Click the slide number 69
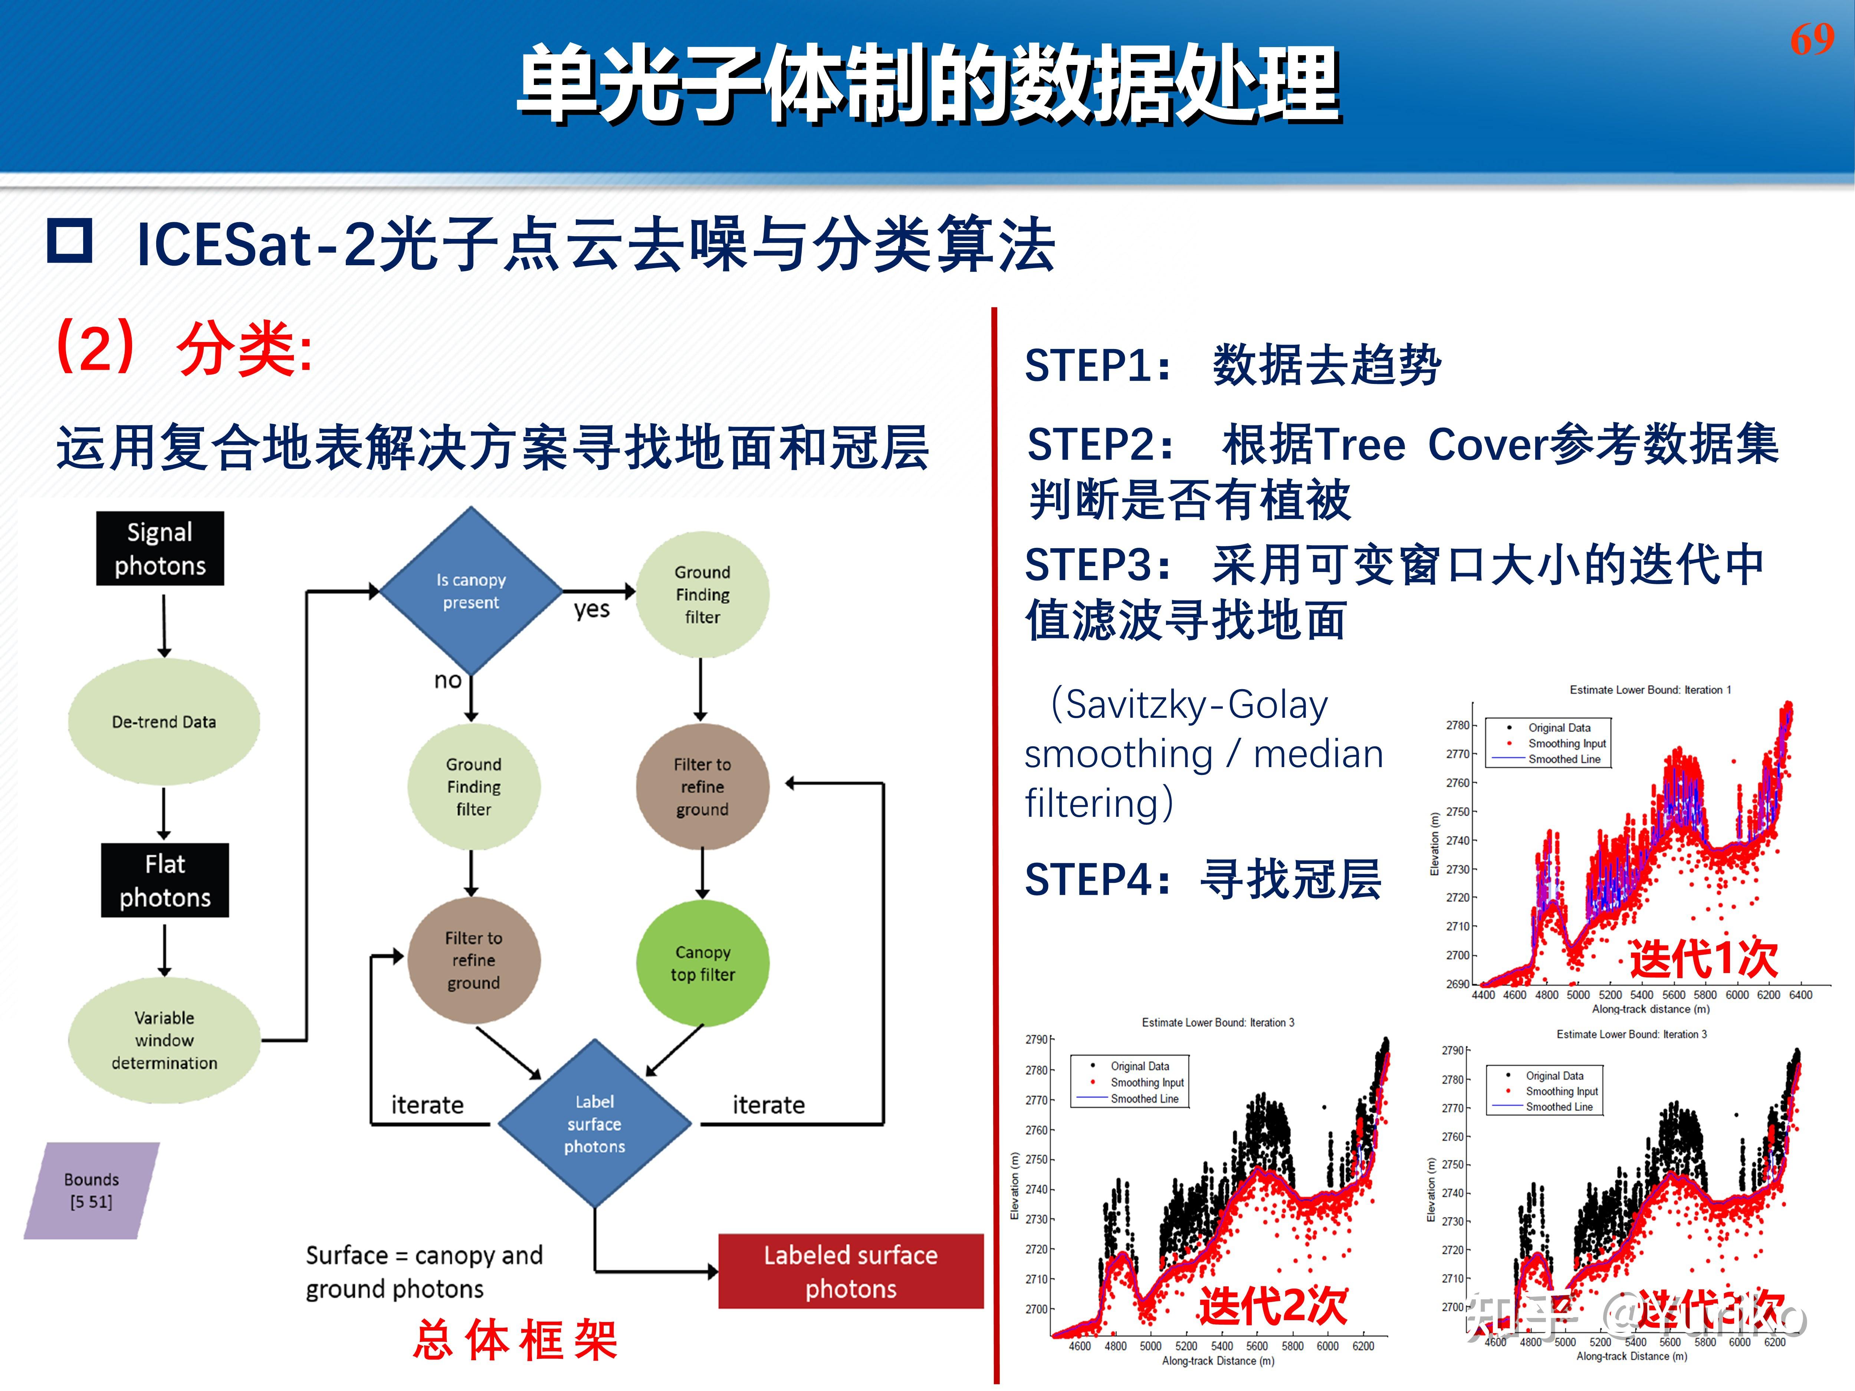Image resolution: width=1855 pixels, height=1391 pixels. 1811,39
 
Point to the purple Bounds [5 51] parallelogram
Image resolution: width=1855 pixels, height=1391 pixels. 91,1190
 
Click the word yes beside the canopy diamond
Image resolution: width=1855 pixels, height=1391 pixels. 591,609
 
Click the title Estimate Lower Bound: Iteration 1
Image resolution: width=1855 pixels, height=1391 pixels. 1649,690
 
